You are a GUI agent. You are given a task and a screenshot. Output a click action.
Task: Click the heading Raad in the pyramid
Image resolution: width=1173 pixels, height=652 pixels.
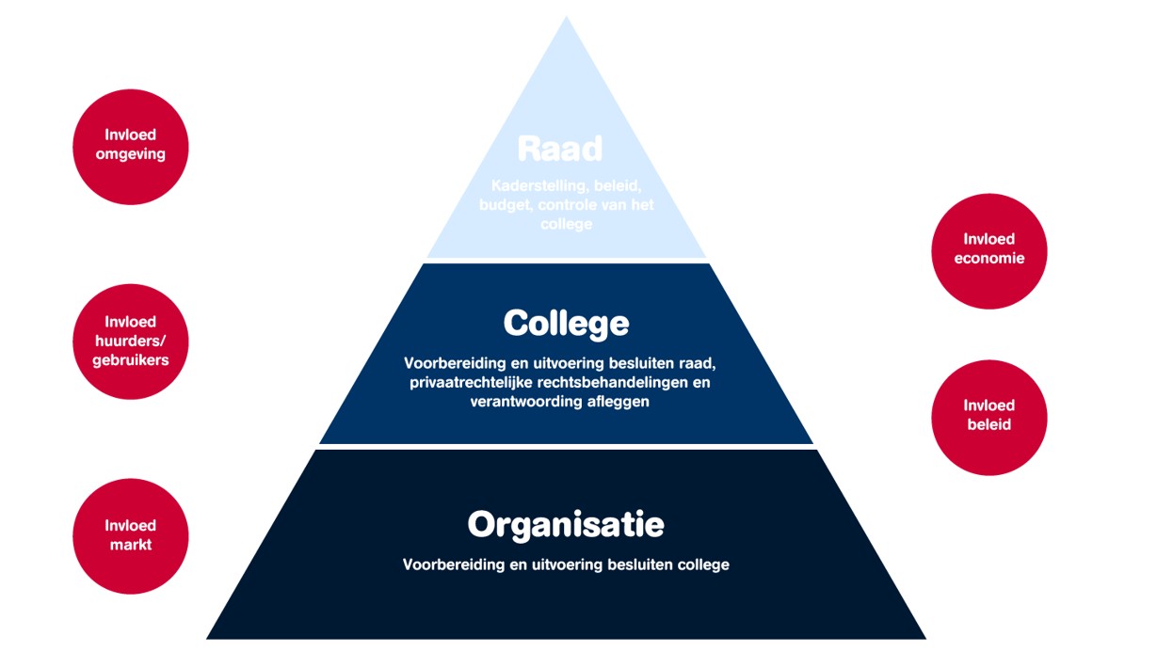point(559,150)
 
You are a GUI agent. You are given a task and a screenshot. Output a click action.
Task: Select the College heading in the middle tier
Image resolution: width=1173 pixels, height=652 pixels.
point(566,324)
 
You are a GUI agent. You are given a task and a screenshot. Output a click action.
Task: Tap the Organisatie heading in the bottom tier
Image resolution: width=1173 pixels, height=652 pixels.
point(566,524)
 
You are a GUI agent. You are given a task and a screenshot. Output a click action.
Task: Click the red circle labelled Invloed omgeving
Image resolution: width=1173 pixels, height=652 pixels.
point(131,146)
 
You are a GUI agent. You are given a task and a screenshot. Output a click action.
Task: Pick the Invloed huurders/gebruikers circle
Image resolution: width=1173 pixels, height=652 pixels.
point(131,342)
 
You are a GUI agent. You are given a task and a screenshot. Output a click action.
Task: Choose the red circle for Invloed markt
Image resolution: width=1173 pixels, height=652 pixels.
point(131,536)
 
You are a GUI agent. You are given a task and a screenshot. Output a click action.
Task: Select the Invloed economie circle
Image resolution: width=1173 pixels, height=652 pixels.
point(988,250)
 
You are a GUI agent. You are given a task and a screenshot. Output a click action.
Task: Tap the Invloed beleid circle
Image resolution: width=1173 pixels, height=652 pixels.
point(988,417)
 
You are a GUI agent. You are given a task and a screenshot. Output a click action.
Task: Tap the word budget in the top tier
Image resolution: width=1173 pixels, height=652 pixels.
point(505,205)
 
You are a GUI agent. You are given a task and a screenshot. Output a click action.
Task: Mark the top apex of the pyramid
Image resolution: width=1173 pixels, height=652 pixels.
point(567,19)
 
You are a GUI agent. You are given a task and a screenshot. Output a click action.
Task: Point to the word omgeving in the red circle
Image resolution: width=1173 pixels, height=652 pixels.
point(131,154)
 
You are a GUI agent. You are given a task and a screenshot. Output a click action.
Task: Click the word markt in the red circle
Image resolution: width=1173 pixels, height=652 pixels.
point(131,545)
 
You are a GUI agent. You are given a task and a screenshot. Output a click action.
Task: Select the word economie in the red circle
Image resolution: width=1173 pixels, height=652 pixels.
point(988,258)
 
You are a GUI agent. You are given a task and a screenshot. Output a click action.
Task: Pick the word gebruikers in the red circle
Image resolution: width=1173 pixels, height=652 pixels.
point(131,360)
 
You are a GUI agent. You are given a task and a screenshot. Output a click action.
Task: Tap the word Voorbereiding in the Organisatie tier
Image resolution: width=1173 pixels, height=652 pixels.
point(447,565)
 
